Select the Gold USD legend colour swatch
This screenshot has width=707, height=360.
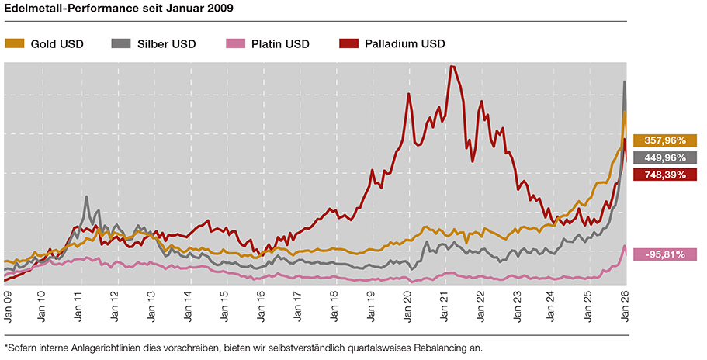click(x=15, y=43)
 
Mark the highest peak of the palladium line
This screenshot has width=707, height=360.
click(x=452, y=67)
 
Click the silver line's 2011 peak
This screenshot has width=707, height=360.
click(x=86, y=197)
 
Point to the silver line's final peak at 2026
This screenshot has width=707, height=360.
click(x=626, y=81)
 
